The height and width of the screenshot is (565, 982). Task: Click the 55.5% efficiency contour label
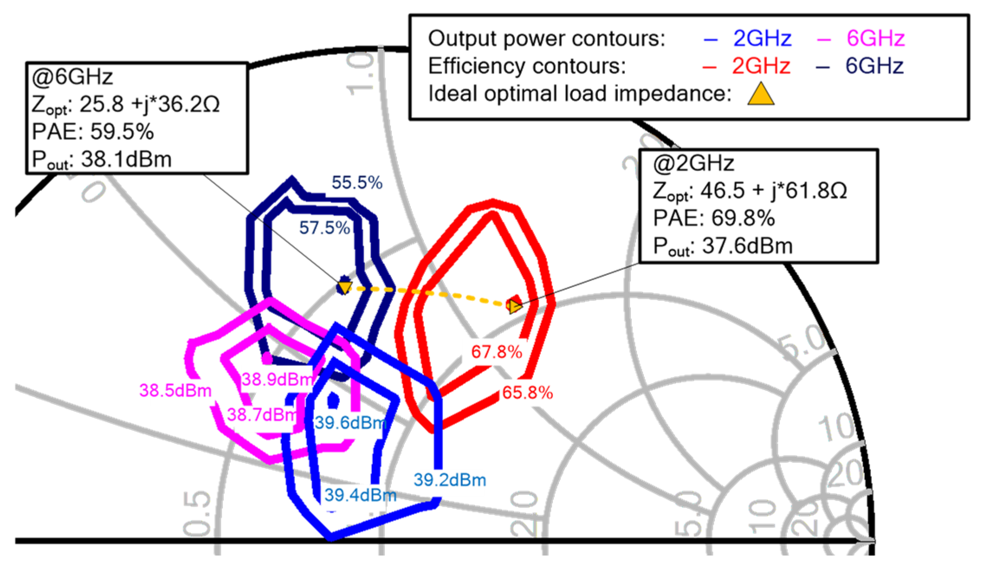357,183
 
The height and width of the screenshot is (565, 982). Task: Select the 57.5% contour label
324,228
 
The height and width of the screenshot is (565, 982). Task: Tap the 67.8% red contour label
497,352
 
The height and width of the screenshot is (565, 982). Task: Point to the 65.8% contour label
527,393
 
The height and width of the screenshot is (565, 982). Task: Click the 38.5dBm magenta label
175,391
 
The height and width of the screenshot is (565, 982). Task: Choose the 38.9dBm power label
278,380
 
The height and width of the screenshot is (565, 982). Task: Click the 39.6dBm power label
350,423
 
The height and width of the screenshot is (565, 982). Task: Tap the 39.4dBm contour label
360,495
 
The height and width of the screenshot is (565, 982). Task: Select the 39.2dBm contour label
450,480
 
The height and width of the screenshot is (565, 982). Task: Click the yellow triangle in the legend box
760,94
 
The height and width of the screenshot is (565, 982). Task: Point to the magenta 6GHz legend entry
875,39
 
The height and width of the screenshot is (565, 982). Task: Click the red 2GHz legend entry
761,66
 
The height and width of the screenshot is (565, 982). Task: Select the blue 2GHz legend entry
762,39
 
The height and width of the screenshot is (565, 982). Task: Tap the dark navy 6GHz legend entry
874,66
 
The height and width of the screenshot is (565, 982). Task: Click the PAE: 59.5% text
93,132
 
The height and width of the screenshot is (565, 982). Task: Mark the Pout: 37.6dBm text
723,246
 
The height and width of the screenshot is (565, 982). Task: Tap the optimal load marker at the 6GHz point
345,287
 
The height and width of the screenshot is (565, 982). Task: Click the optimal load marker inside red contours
514,305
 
